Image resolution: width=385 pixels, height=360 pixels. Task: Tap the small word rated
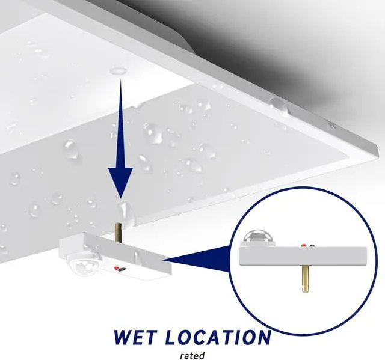tap(192, 355)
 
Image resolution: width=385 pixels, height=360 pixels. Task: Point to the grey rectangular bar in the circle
tap(304, 256)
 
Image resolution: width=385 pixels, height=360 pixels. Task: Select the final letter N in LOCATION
tap(262, 337)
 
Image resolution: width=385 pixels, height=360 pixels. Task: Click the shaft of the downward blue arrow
tap(120, 120)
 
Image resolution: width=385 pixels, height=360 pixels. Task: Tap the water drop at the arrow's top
tap(119, 71)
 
